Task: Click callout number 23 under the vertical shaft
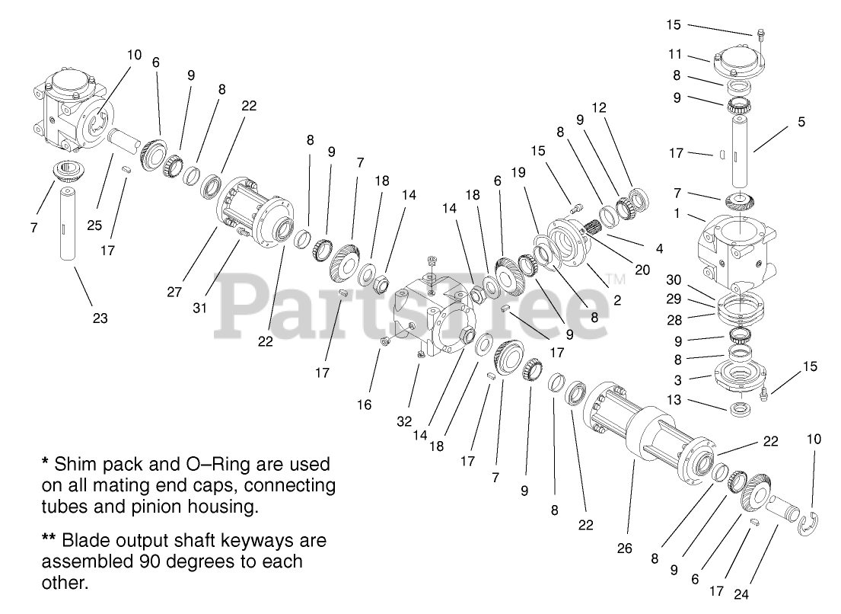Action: click(x=100, y=318)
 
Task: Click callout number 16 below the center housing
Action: click(x=365, y=405)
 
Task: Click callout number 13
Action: click(x=674, y=400)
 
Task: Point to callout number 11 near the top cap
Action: click(x=674, y=56)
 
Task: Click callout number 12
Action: click(x=600, y=107)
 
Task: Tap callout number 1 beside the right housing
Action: click(x=676, y=214)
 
